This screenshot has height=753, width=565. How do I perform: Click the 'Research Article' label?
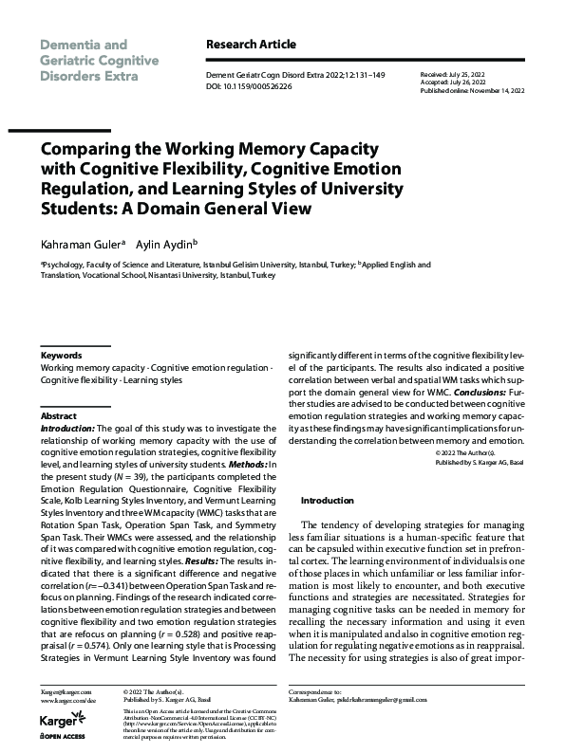(251, 45)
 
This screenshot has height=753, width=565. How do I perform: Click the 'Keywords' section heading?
(62, 356)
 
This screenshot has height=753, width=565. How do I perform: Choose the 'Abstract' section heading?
(58, 415)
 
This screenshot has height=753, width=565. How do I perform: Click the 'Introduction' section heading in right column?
(327, 500)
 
